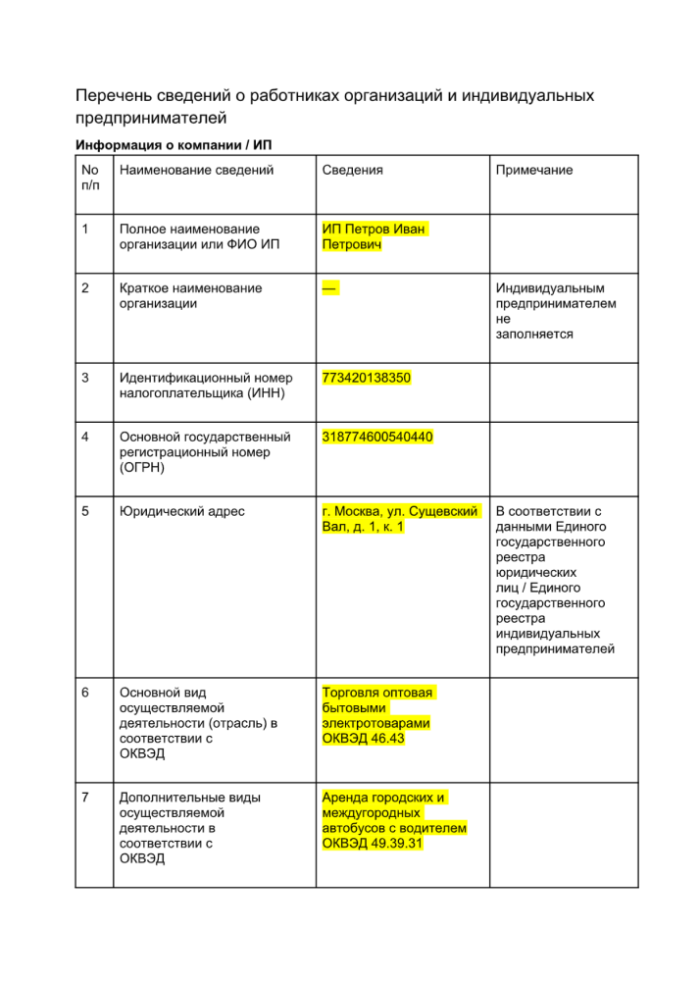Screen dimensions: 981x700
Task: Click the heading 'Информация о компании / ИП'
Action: click(174, 145)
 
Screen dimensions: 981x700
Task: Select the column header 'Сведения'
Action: click(352, 170)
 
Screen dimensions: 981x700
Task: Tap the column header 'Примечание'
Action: click(534, 170)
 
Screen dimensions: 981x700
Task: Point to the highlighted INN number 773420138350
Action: click(367, 377)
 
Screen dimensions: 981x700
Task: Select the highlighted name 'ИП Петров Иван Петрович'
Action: click(374, 236)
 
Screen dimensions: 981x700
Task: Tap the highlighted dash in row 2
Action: click(329, 288)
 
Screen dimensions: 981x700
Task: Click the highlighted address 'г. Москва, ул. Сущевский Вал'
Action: click(400, 519)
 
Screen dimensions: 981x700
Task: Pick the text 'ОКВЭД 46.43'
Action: click(363, 739)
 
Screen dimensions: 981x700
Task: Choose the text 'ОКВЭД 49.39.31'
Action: click(373, 843)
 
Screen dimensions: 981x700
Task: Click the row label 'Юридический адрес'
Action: click(181, 511)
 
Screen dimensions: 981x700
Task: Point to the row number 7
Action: click(86, 799)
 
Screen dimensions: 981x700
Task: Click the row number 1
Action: click(86, 230)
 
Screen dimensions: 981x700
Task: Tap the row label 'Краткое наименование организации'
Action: click(190, 296)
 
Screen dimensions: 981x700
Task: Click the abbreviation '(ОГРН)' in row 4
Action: click(141, 467)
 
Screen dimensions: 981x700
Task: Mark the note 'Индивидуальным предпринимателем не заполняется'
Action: click(556, 311)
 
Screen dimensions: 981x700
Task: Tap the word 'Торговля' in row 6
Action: click(351, 693)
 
